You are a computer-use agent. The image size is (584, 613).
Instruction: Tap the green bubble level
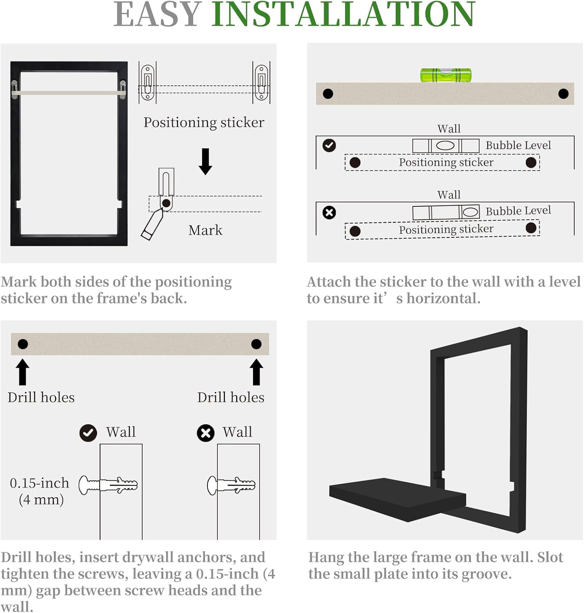point(446,75)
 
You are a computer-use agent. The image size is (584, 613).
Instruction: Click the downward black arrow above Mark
point(205,161)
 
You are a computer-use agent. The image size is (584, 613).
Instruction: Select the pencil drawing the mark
point(152,224)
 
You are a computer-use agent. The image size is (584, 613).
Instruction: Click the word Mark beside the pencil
point(205,230)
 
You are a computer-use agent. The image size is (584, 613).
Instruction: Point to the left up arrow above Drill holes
point(22,372)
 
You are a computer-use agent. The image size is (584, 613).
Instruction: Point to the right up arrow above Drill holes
point(256,372)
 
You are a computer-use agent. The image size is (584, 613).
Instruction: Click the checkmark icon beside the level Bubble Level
point(329,145)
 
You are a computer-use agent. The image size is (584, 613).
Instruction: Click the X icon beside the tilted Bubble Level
point(329,213)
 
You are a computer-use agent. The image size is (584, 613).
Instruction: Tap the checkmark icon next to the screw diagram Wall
point(88,433)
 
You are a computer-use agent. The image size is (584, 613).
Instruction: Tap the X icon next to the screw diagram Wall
point(205,433)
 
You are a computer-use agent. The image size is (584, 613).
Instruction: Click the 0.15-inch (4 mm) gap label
point(40,491)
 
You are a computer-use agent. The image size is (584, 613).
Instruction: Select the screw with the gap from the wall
point(108,485)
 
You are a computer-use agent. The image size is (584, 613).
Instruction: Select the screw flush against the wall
point(231,485)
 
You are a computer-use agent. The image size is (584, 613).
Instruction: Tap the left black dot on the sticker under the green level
point(328,94)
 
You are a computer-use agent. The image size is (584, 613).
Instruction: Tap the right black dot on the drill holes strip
point(256,344)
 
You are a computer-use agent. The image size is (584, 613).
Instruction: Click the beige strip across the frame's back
point(69,93)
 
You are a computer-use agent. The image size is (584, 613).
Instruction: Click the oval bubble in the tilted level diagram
point(470,212)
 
